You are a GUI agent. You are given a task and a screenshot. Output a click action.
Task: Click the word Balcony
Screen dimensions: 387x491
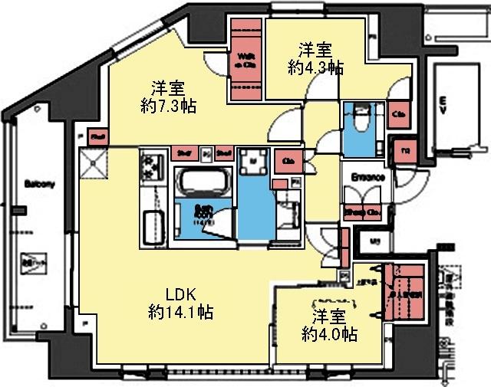(x=38, y=184)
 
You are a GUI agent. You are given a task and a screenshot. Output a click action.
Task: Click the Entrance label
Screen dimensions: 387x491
(x=367, y=177)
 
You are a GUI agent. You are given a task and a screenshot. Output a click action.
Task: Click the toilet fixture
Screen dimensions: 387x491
(x=358, y=121)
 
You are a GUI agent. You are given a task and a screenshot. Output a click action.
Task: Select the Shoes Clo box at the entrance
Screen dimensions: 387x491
(x=364, y=212)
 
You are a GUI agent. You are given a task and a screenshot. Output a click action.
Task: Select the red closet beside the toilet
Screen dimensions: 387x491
(x=399, y=115)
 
